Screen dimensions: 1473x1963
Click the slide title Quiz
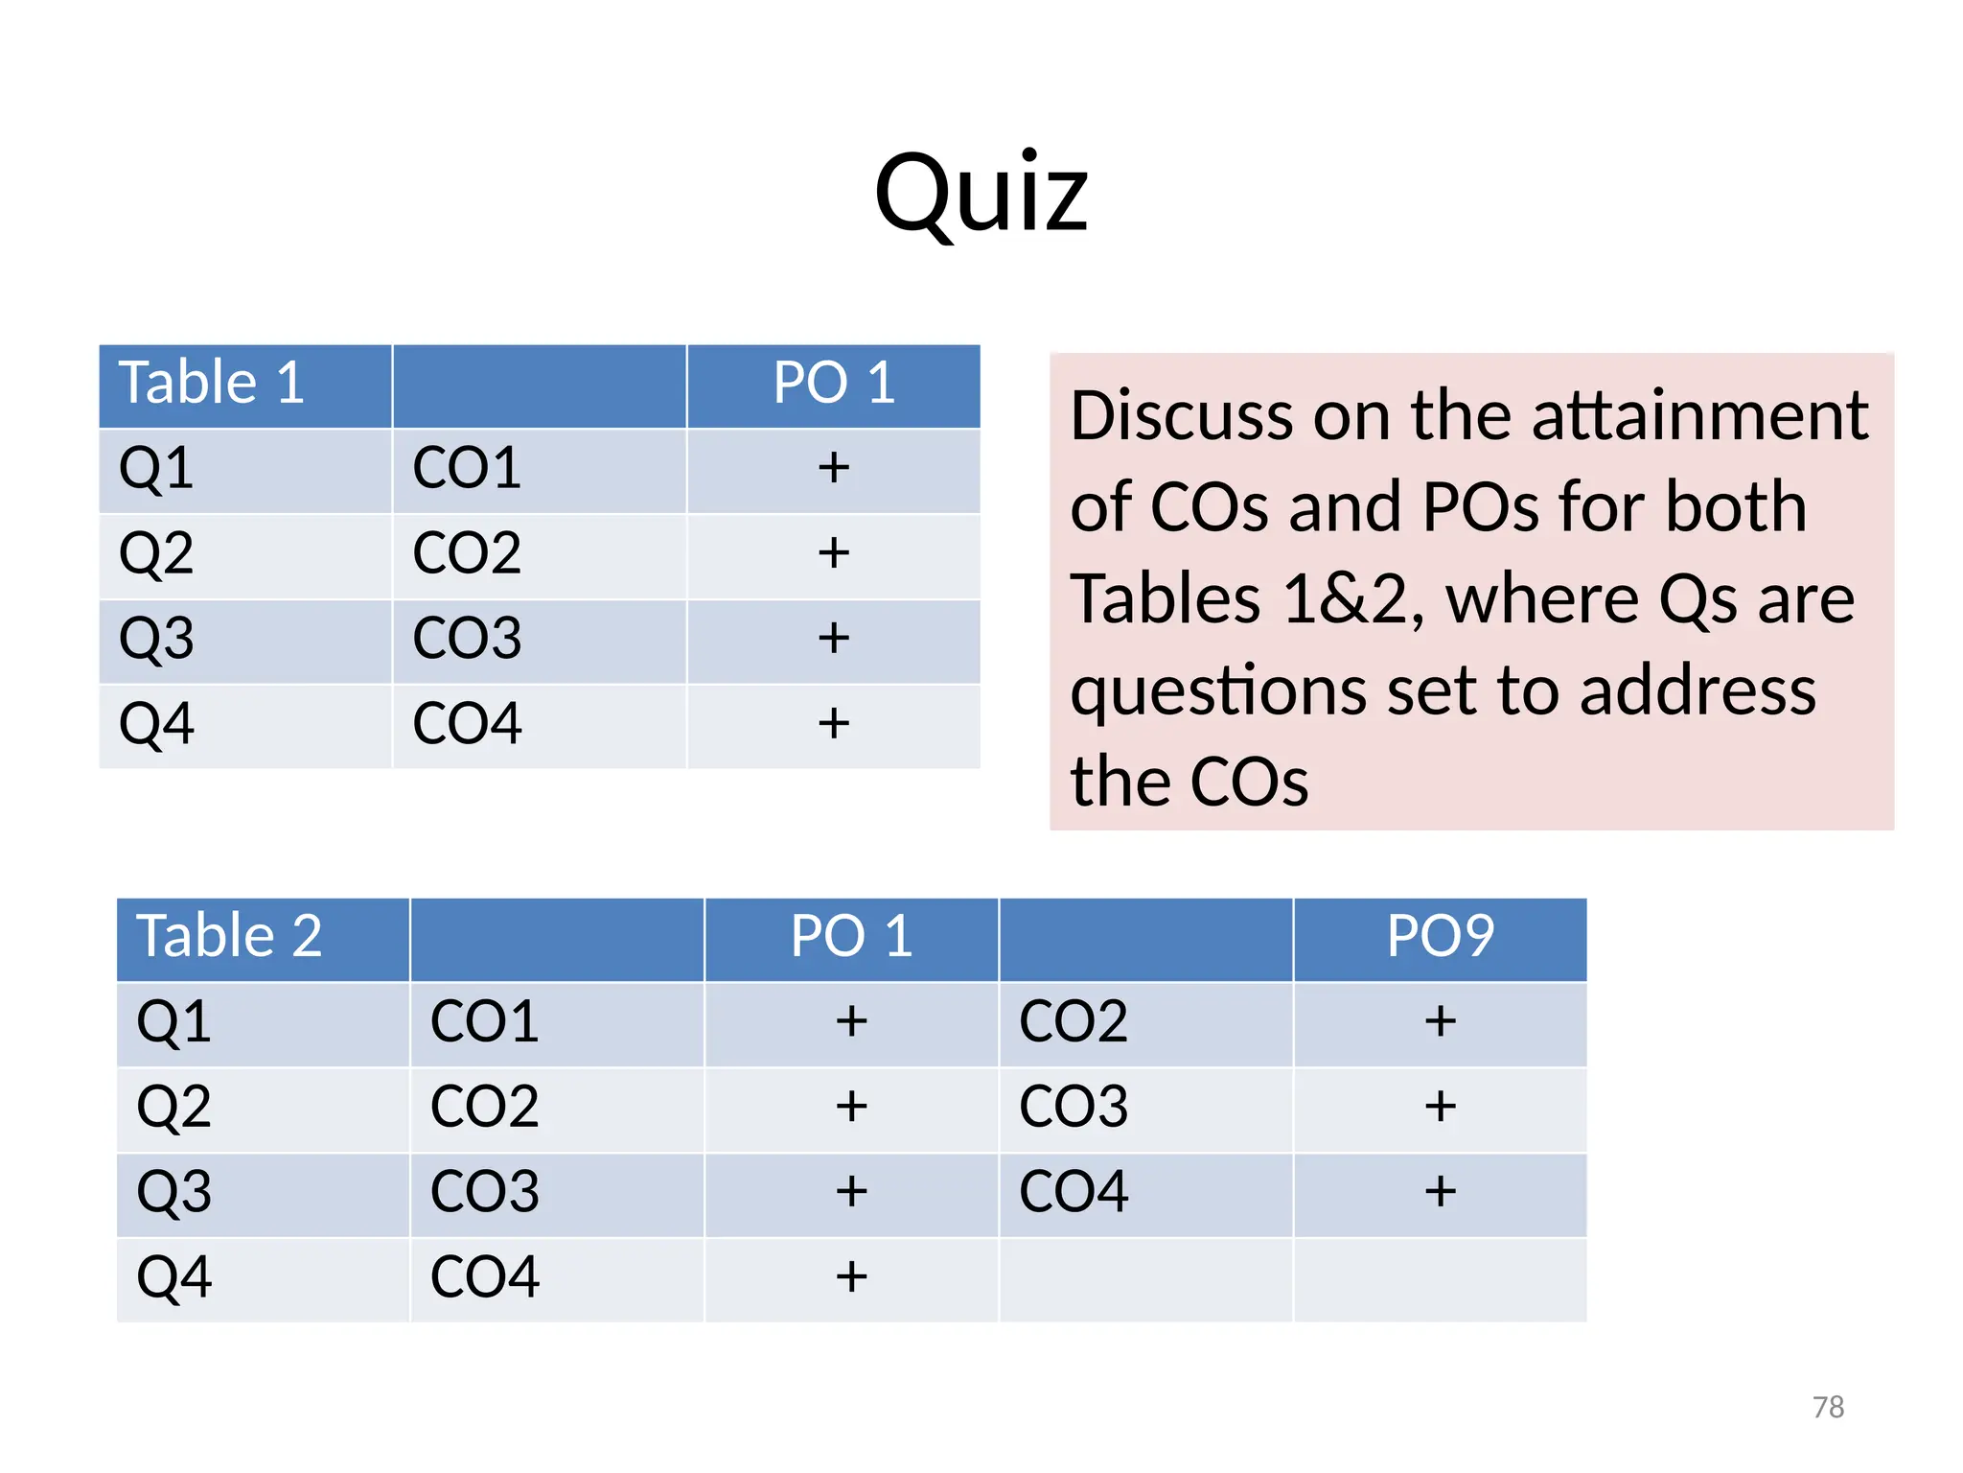point(981,195)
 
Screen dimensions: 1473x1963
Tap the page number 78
point(1828,1407)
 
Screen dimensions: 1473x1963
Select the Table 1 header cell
point(212,383)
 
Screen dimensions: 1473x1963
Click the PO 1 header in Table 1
point(834,383)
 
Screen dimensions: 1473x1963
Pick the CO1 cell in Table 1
point(467,468)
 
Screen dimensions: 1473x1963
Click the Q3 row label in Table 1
point(156,639)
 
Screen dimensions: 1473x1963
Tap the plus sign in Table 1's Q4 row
point(834,723)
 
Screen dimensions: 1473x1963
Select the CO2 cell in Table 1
point(467,553)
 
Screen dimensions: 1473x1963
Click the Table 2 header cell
point(229,936)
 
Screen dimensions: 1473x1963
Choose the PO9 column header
point(1440,936)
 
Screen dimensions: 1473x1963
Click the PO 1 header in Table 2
point(851,936)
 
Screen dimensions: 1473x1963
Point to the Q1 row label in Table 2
point(173,1021)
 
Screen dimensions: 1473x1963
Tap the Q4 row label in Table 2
point(173,1277)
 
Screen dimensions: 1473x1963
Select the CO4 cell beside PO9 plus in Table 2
point(1074,1192)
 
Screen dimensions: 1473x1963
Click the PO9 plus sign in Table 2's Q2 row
point(1440,1107)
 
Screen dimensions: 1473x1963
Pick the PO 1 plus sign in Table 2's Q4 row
point(851,1277)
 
